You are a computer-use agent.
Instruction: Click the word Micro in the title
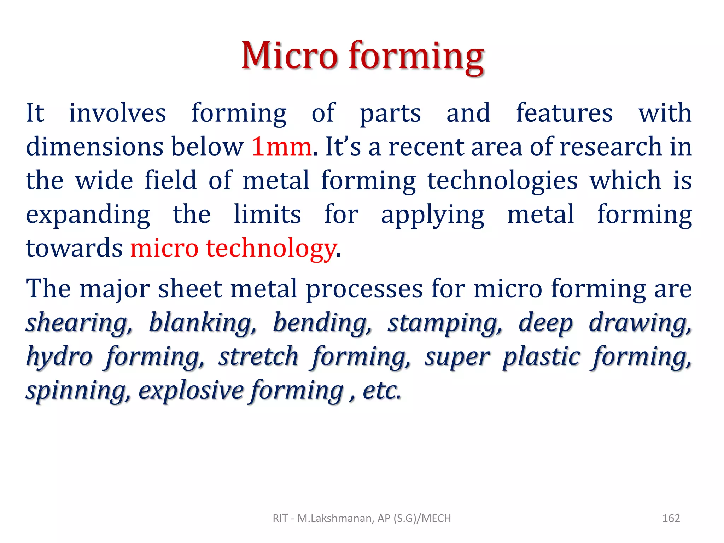[289, 56]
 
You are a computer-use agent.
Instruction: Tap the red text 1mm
[281, 147]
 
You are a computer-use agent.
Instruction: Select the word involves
[117, 113]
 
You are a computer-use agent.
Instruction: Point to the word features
[564, 113]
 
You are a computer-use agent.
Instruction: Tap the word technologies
[502, 181]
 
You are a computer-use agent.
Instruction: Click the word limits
[267, 214]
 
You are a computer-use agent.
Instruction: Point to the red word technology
[271, 248]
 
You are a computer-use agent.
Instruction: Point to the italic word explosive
[191, 391]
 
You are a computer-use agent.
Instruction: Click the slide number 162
[671, 518]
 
